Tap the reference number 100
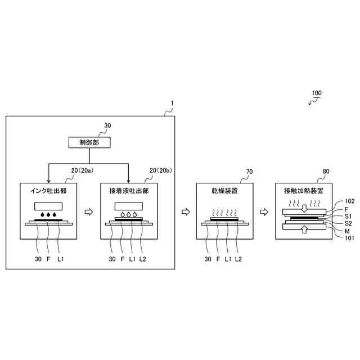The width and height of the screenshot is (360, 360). point(317,93)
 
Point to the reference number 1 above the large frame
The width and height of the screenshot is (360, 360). point(172,103)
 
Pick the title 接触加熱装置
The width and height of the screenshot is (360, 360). point(303,191)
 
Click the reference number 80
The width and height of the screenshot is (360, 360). point(326,171)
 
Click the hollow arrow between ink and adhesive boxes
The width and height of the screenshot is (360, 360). point(88,212)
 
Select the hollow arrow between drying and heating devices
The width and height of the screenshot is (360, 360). point(264,212)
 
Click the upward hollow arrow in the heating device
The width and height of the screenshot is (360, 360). point(303,228)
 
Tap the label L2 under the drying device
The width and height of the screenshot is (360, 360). point(238,259)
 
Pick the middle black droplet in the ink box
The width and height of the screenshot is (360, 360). point(48,214)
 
